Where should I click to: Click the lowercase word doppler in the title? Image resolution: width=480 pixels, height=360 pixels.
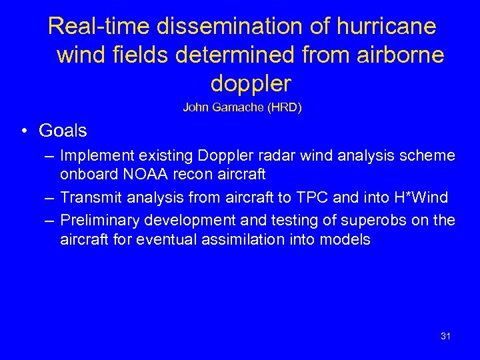[x=251, y=84]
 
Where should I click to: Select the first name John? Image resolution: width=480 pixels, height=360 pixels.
[x=194, y=107]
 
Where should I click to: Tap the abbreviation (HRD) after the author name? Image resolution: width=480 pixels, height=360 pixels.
[x=285, y=107]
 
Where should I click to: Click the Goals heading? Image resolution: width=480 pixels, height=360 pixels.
[x=63, y=130]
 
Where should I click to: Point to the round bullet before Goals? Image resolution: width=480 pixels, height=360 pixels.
[x=23, y=131]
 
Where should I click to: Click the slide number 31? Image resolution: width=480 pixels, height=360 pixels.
[x=445, y=336]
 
